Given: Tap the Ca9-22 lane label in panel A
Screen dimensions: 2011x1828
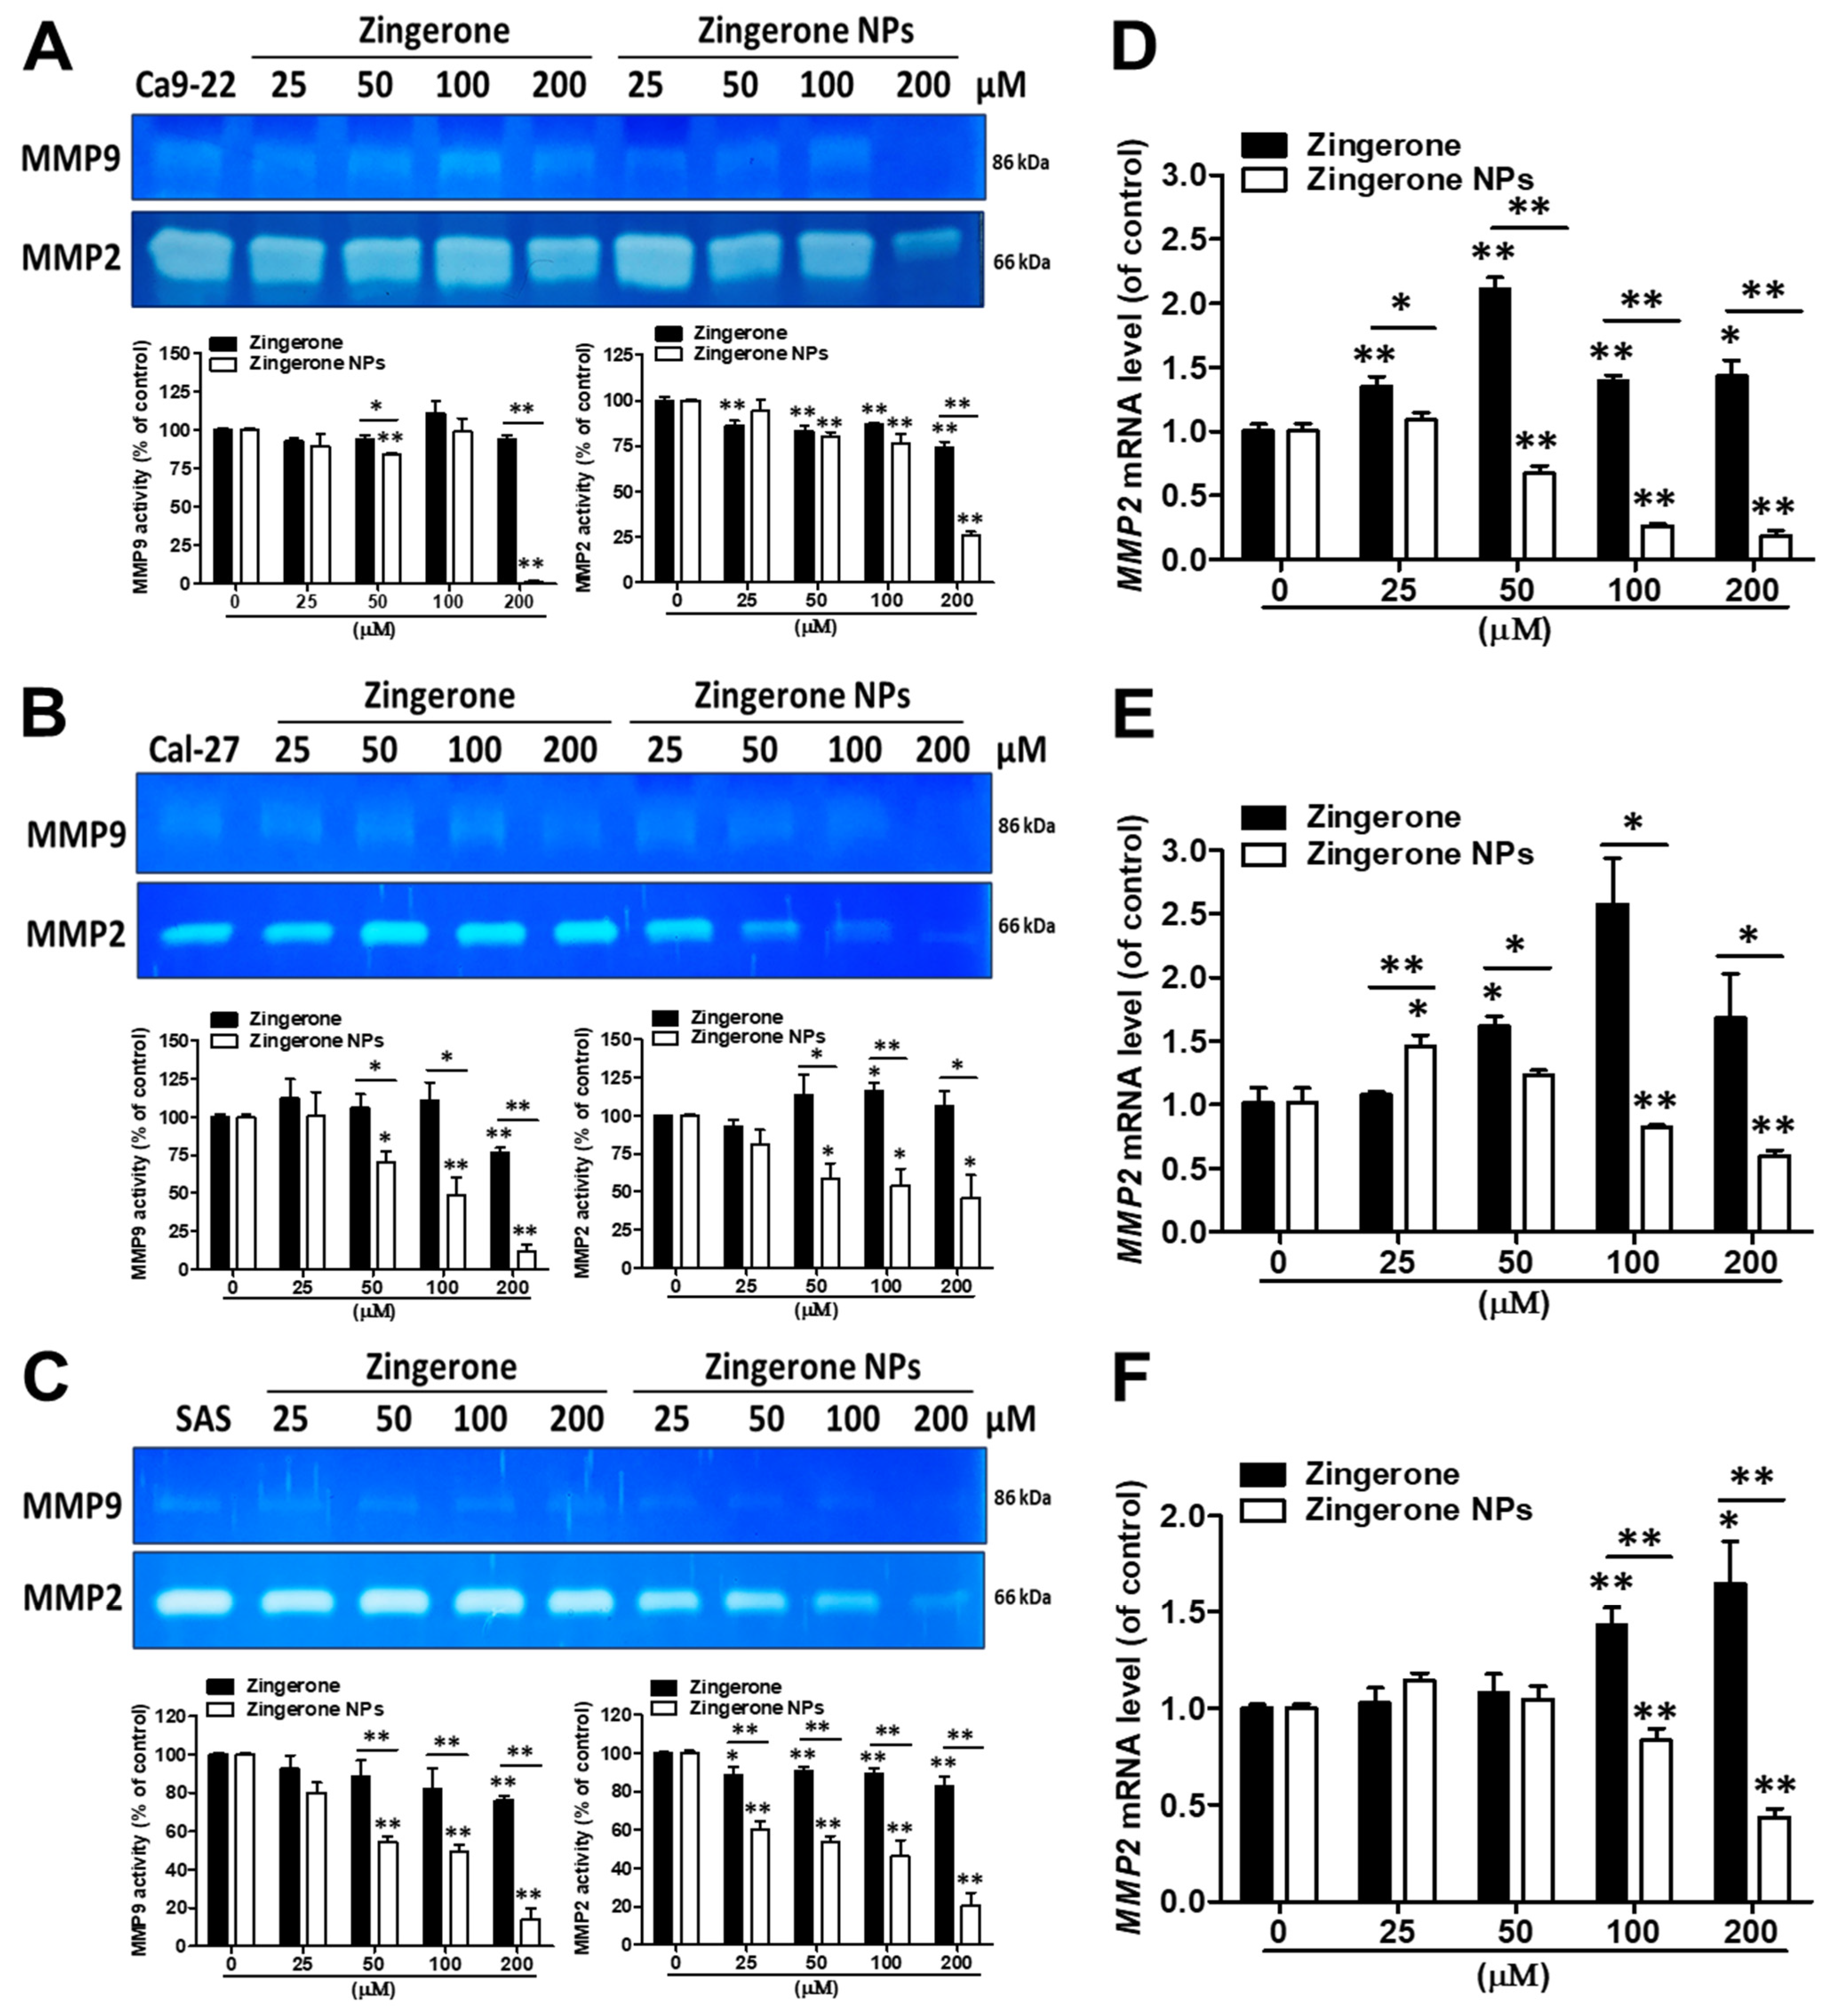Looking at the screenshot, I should click(186, 86).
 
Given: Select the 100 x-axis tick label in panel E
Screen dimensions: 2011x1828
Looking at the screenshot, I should click(1633, 1263).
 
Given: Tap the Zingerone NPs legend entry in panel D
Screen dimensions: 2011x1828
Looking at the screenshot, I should click(1418, 180).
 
